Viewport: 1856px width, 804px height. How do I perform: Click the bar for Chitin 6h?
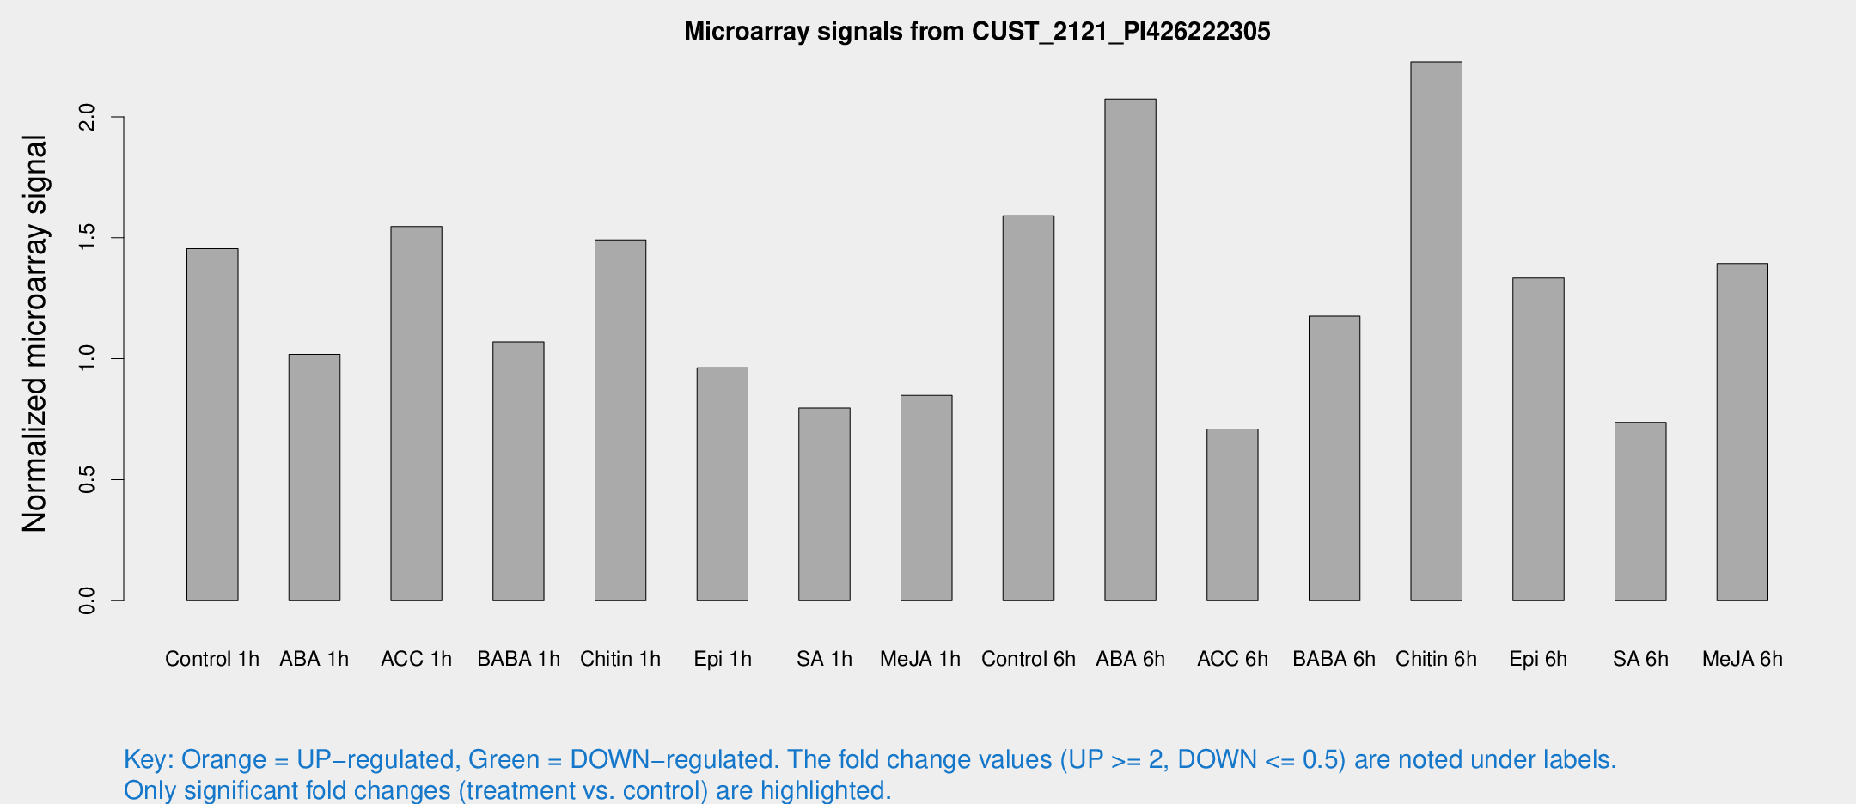coord(1436,331)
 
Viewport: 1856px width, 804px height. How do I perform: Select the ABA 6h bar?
coord(1130,350)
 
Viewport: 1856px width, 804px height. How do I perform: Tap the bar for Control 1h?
coord(212,424)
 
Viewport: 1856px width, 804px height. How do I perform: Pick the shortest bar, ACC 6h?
coord(1232,515)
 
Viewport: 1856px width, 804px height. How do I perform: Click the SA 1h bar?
coord(824,504)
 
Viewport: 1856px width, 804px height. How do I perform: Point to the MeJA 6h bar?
coord(1742,432)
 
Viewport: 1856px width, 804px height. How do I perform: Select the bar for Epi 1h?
coord(722,484)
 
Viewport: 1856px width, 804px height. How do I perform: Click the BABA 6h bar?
coord(1334,458)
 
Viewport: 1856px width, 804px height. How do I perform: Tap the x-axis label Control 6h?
coord(1028,659)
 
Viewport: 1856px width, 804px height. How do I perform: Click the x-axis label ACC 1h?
coord(416,659)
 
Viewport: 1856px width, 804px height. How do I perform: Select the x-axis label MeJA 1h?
coord(919,659)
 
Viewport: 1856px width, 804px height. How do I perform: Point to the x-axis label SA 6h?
coord(1639,659)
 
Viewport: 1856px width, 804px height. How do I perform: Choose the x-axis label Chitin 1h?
coord(620,659)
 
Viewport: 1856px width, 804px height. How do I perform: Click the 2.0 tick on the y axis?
coord(87,117)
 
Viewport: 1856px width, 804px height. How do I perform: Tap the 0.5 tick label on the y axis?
coord(87,479)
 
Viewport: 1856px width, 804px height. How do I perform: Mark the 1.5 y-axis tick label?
coord(87,238)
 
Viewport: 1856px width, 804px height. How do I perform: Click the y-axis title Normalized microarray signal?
coord(34,333)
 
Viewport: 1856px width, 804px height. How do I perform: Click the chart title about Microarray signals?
coord(977,32)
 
